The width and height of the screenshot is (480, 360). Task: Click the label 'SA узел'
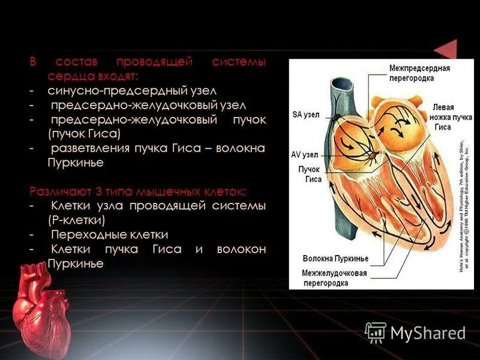point(306,115)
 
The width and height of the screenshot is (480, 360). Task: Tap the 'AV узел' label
point(304,154)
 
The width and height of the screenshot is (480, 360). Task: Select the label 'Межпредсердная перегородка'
point(419,73)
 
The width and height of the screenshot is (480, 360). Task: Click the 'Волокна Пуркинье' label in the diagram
point(335,259)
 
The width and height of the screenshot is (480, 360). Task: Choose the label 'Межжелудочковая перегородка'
point(335,278)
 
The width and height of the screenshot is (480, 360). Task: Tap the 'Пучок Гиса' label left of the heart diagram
point(310,174)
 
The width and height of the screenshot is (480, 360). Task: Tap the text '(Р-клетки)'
point(78,220)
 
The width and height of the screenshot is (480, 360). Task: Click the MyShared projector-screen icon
point(376,332)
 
